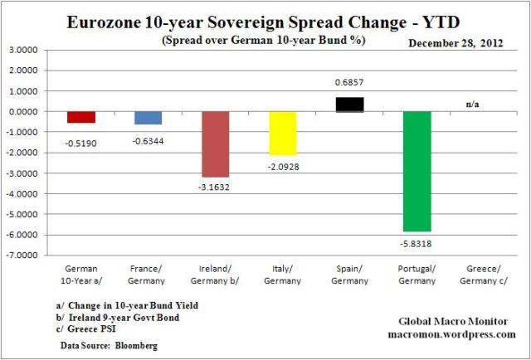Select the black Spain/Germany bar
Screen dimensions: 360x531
(349, 104)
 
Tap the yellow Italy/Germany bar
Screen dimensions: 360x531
(282, 133)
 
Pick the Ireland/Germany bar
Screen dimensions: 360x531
(215, 144)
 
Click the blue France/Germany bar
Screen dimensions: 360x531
(148, 118)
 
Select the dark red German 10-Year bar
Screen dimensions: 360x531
(80, 117)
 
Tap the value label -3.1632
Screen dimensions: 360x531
(215, 187)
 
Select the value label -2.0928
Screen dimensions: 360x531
(282, 166)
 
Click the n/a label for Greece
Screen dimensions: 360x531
(472, 105)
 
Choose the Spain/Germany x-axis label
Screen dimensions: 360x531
(349, 275)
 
